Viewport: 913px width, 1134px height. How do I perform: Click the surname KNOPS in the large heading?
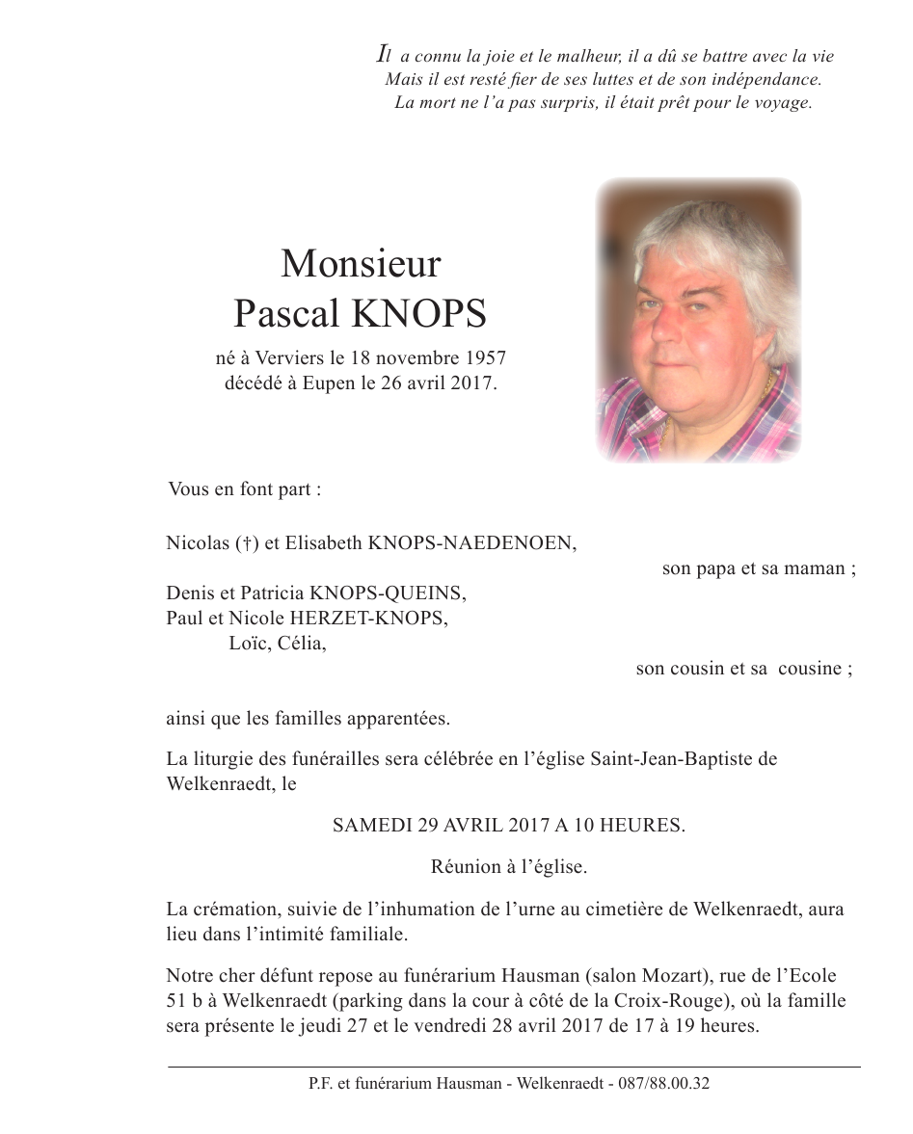(420, 314)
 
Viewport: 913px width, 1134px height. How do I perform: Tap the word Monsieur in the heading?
(361, 262)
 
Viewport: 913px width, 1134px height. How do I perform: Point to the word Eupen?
(362, 383)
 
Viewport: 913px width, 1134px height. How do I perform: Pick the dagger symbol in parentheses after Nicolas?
(247, 543)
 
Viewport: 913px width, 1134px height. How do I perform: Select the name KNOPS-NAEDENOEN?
(471, 543)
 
